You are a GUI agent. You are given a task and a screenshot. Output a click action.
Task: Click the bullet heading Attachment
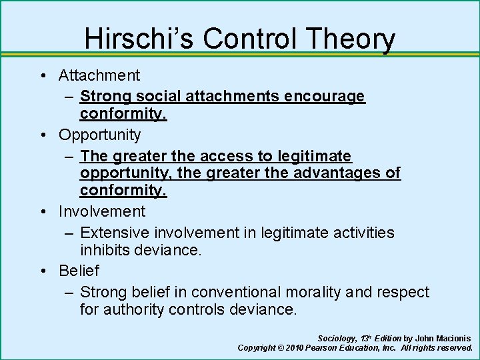click(x=99, y=75)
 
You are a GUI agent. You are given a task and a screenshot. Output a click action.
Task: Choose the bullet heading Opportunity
click(x=100, y=135)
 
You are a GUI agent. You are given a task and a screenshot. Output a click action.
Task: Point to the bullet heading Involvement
click(x=101, y=211)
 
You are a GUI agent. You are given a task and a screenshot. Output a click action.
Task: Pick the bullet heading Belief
click(x=79, y=271)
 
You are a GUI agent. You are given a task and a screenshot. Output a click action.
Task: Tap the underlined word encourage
click(x=325, y=97)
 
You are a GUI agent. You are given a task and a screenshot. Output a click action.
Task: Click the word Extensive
click(x=115, y=233)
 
